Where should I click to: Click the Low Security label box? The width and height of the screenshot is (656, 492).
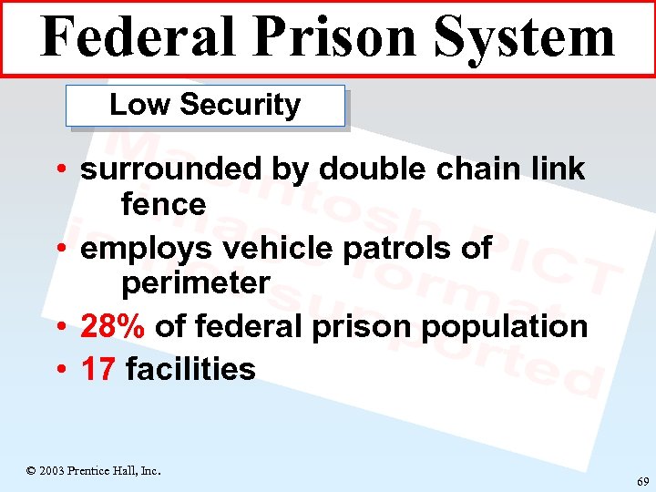click(205, 106)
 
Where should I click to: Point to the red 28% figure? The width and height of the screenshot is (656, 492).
click(114, 326)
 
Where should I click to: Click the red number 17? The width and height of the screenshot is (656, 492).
click(98, 369)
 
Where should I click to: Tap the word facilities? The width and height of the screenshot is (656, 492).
click(190, 369)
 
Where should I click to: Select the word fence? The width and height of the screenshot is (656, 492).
click(164, 204)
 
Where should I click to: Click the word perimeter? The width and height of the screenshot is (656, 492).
click(196, 283)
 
